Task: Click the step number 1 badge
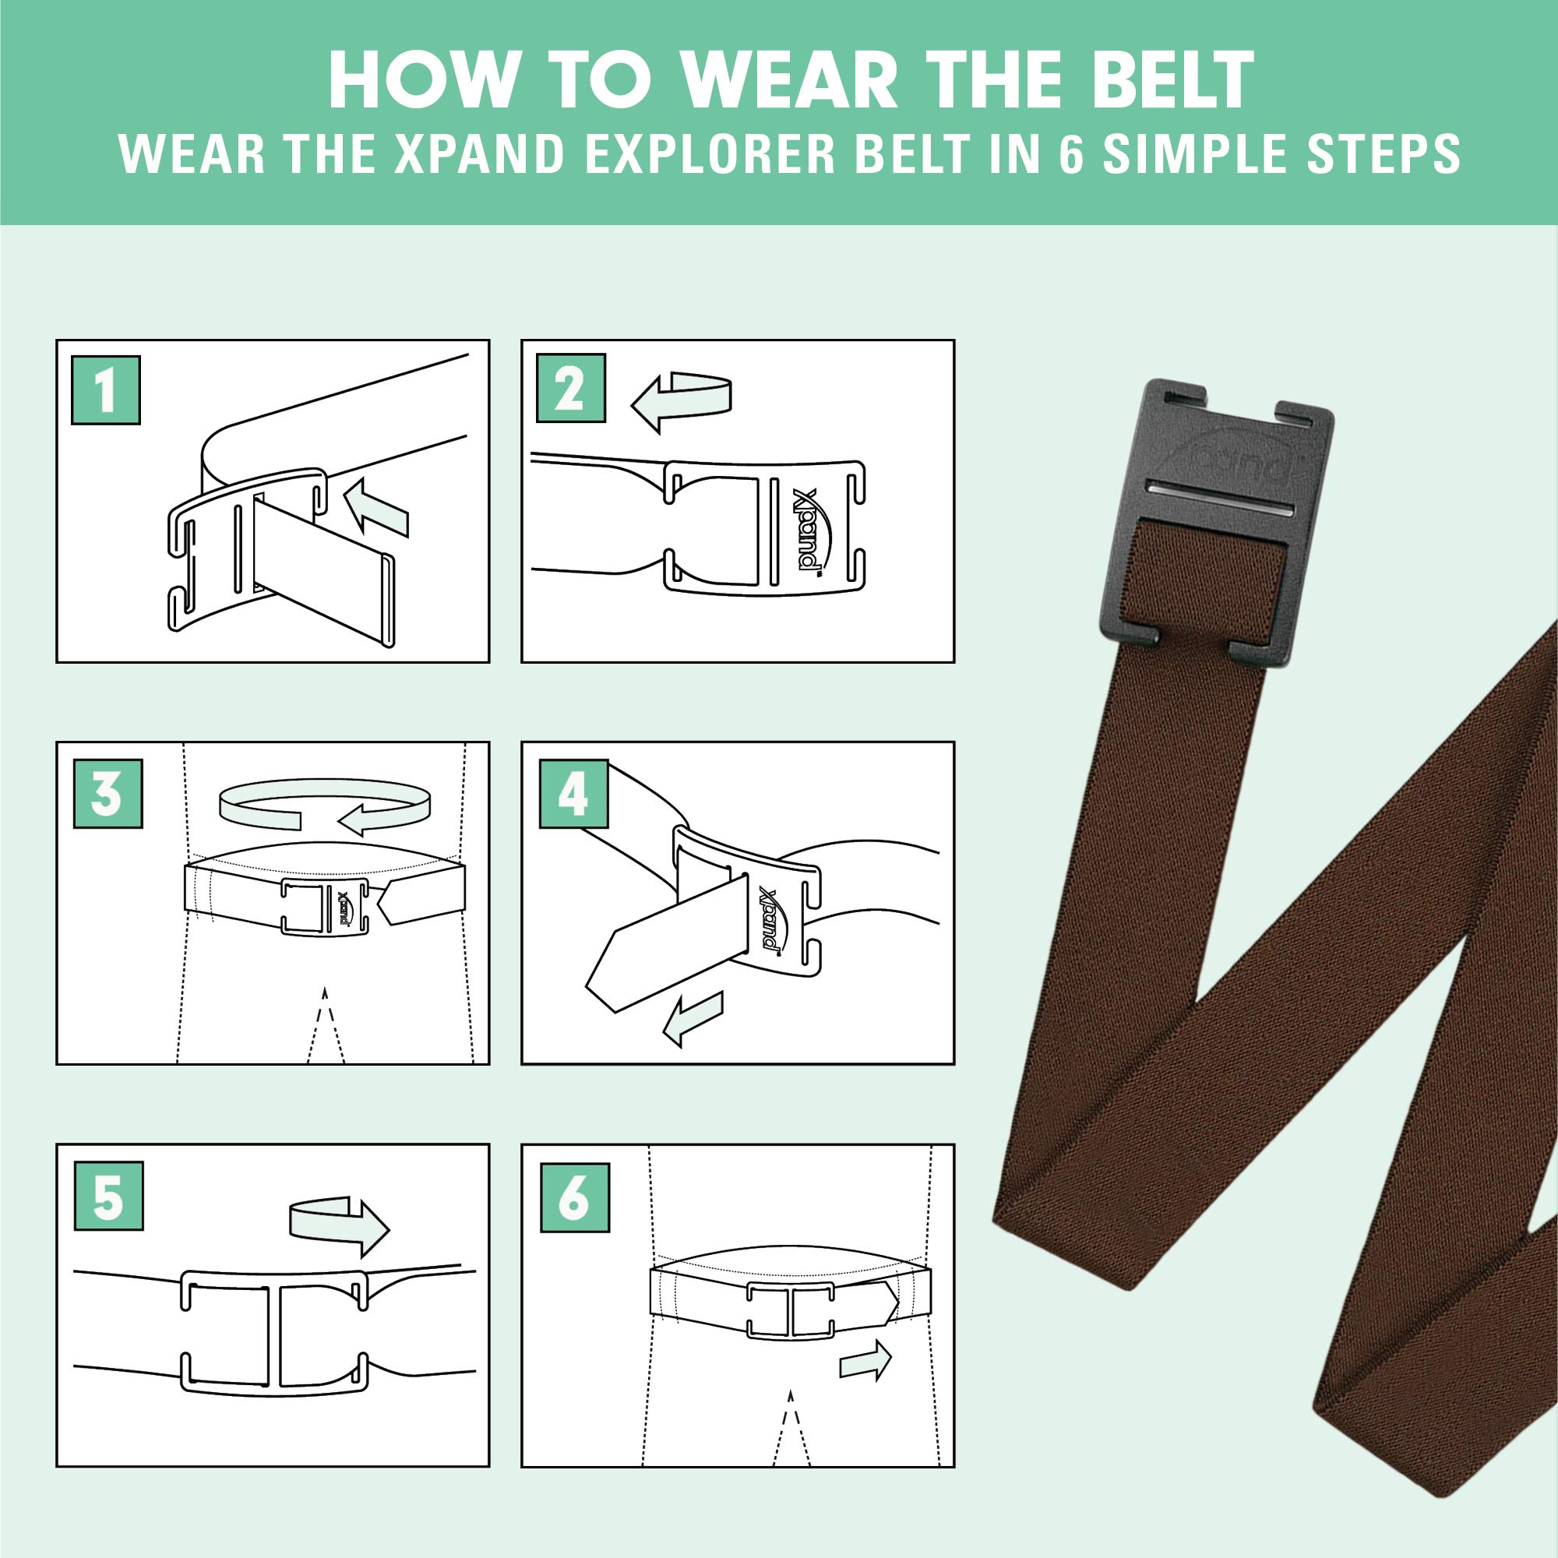point(106,390)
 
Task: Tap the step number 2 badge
point(571,388)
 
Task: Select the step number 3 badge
point(108,794)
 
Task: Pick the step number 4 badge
point(573,794)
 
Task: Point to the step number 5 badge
point(108,1196)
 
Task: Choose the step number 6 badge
point(574,1197)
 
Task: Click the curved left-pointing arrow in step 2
point(682,400)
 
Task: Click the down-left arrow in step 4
point(693,1017)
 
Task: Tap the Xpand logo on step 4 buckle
point(772,920)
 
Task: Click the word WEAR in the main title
point(790,81)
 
